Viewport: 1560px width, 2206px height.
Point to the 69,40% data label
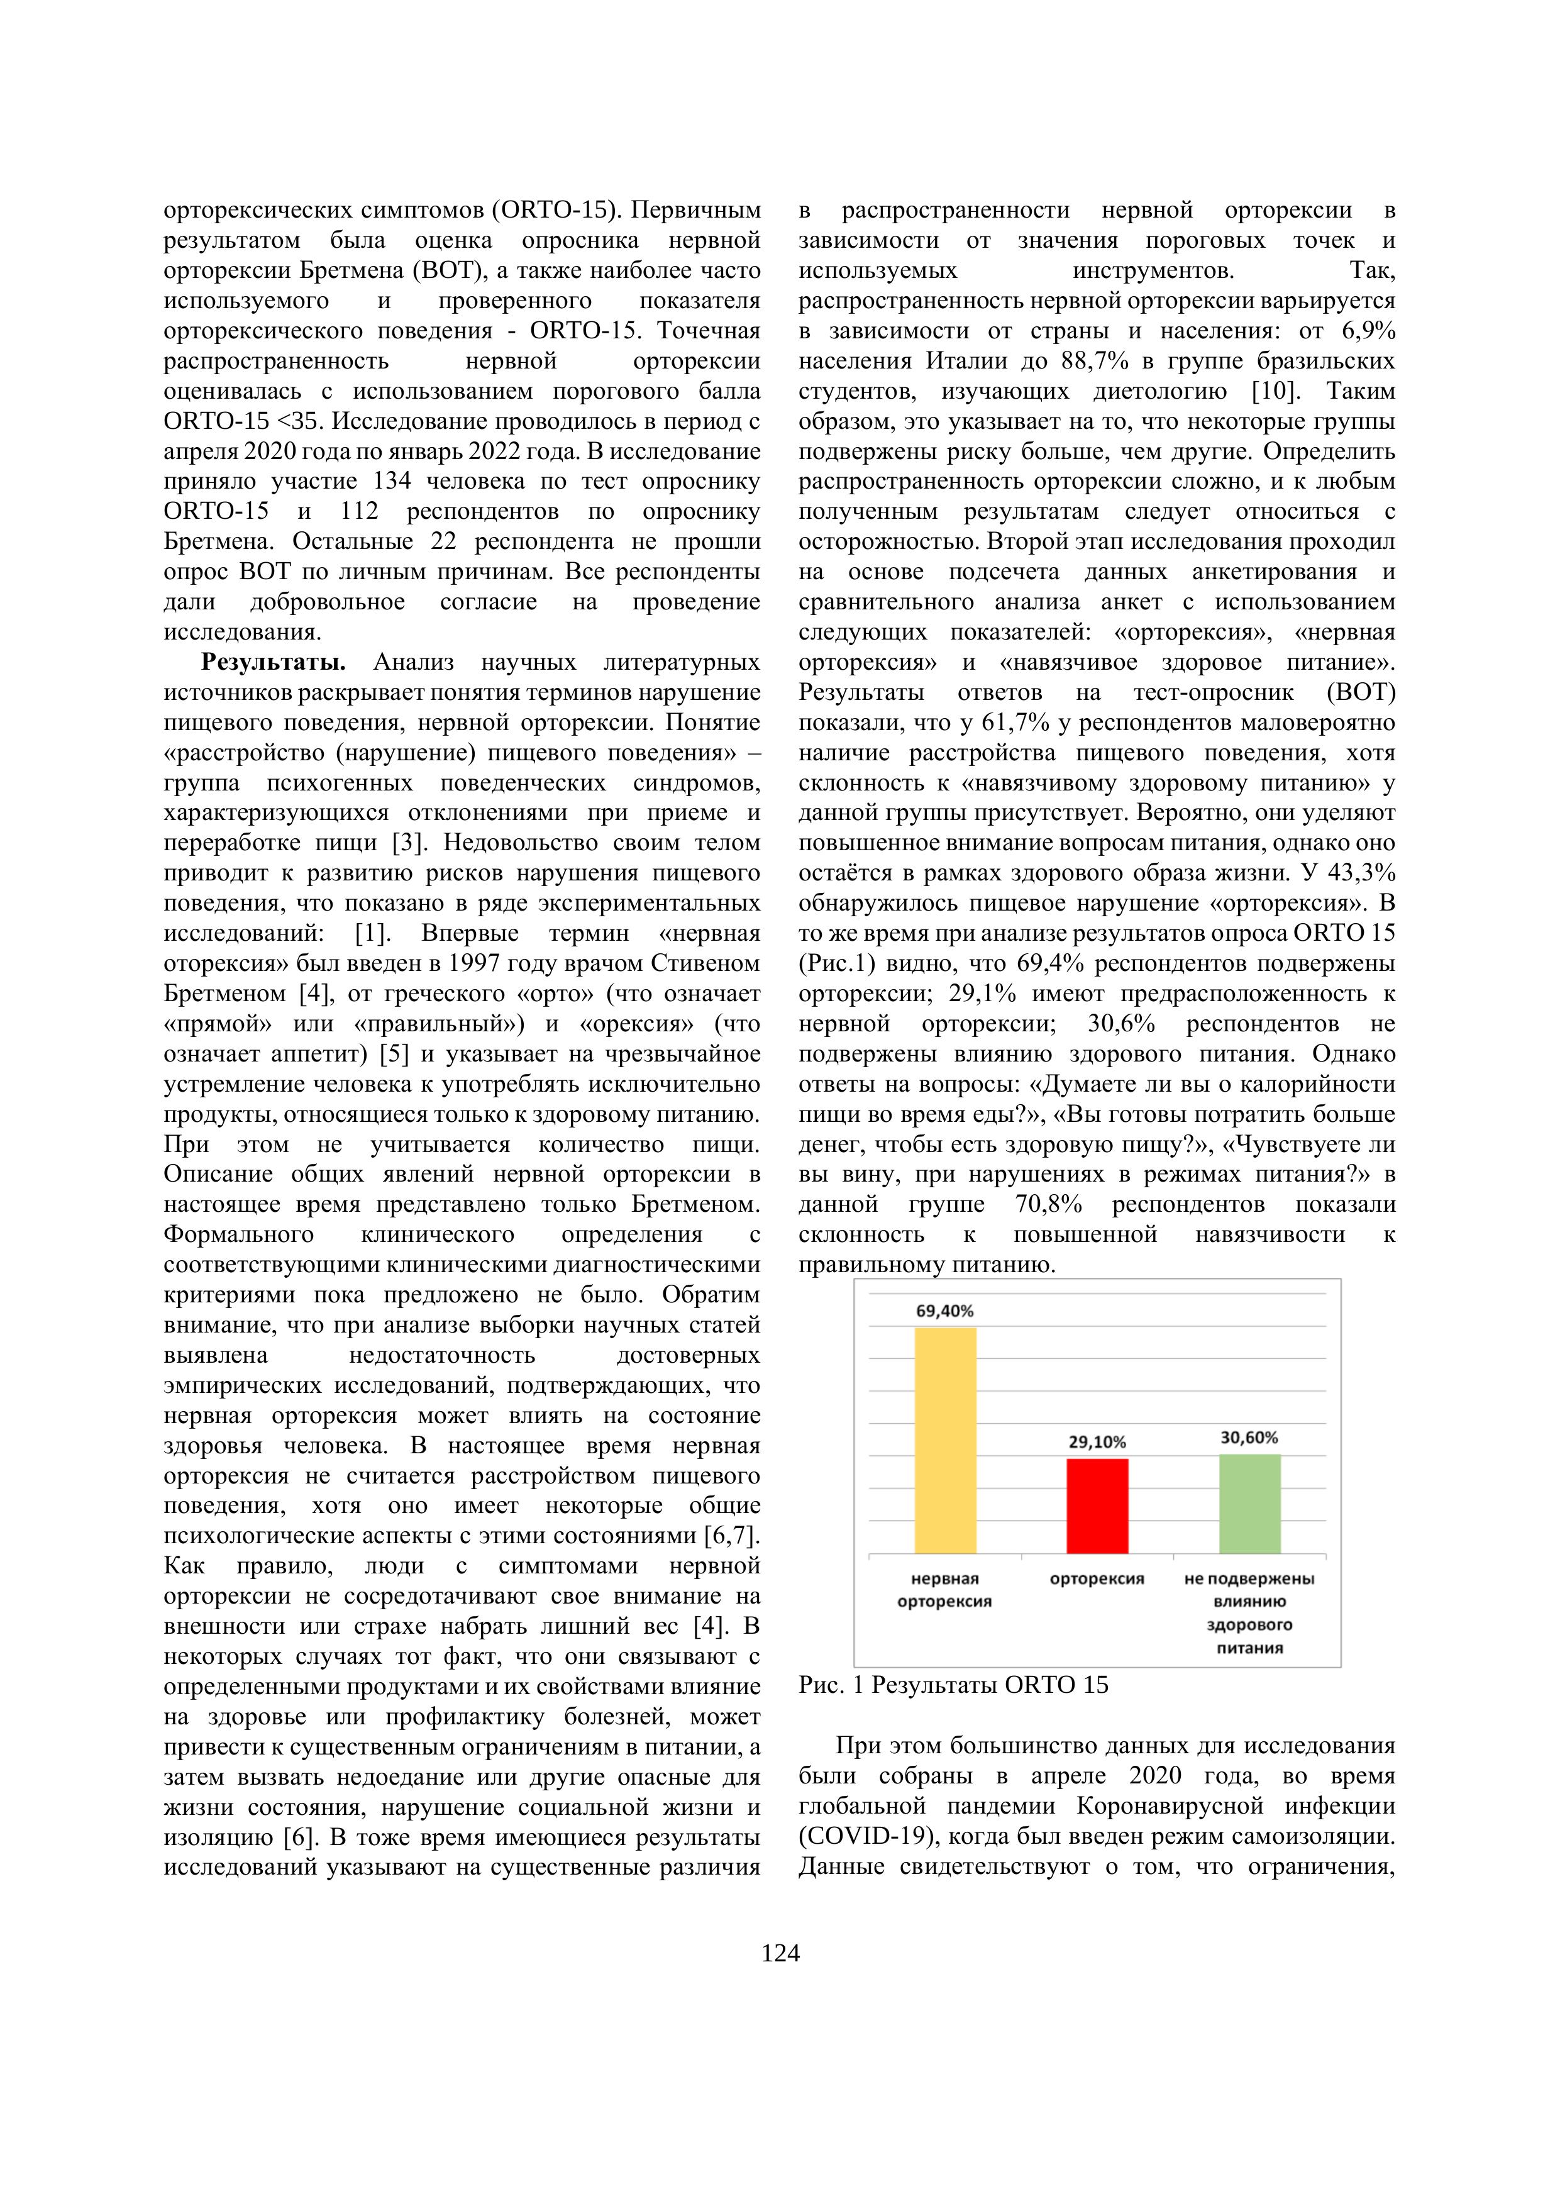(945, 1311)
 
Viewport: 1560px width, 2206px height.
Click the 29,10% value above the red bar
(1097, 1442)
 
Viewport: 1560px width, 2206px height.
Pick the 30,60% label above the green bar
(1249, 1438)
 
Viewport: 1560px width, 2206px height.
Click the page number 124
(780, 1953)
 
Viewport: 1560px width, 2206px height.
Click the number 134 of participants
(392, 481)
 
